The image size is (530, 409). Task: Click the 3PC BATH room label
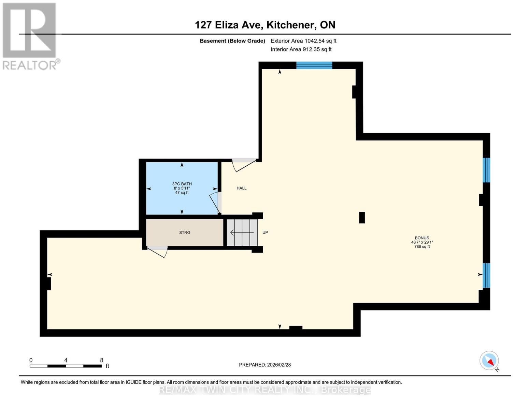182,184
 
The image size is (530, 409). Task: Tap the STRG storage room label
185,232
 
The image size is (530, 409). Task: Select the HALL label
242,188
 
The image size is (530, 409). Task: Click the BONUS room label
422,238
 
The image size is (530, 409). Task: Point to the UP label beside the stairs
265,232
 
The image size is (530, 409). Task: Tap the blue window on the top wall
314,65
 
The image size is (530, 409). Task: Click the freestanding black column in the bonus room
362,217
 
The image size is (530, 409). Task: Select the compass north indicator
489,361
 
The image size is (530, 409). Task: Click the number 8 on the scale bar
102,360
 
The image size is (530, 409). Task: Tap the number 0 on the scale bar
31,360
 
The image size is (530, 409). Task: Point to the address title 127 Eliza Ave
265,25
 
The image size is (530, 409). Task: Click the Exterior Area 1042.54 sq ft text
303,41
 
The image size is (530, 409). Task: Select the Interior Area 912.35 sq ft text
301,49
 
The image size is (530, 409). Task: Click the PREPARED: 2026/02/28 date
265,365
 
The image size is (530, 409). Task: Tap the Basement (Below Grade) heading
232,41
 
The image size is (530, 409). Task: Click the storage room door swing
158,251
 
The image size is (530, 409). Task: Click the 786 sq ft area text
422,246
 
